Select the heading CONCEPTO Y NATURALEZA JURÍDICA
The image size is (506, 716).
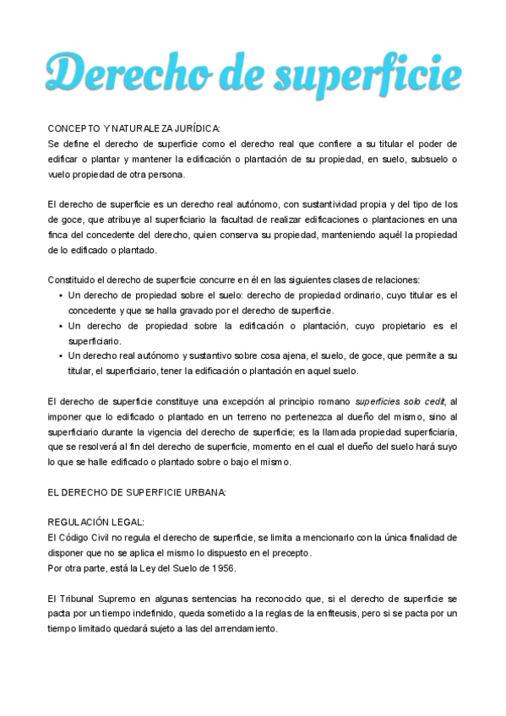(x=133, y=128)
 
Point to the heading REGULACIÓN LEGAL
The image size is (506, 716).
(x=95, y=523)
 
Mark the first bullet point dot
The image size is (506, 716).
(x=60, y=296)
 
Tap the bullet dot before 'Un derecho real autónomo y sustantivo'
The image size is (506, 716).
(x=60, y=356)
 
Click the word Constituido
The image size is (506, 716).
(x=73, y=280)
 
